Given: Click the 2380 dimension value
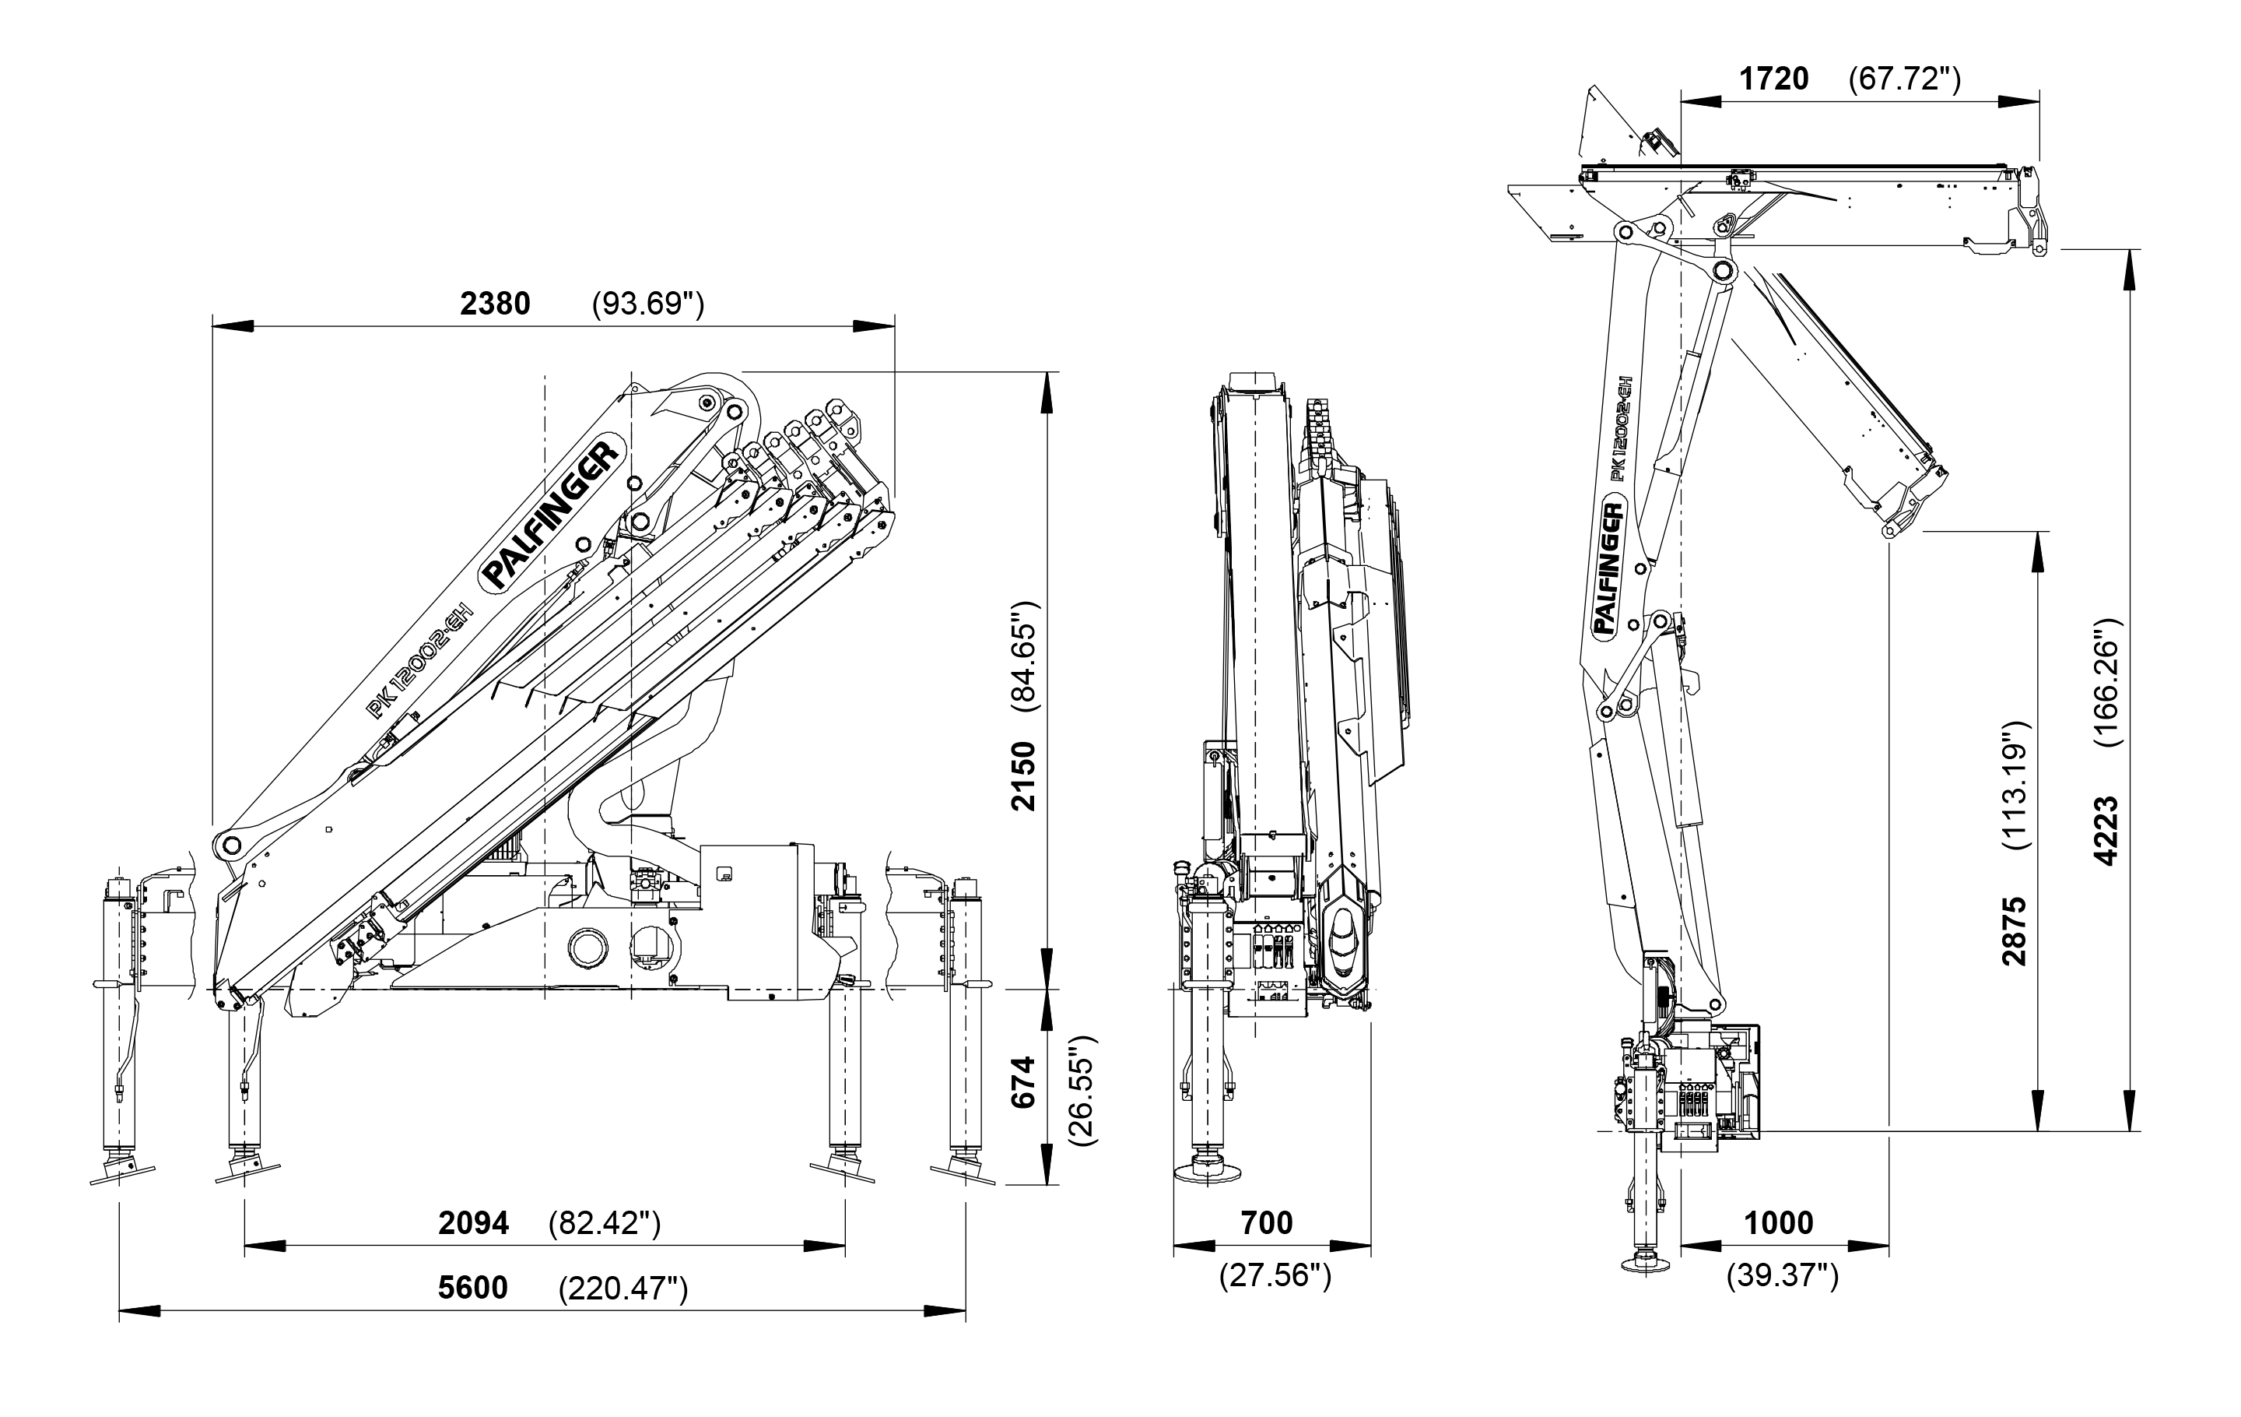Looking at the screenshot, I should pos(495,304).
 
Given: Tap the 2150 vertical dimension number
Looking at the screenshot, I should pos(1024,775).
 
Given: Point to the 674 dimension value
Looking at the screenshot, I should pos(1024,1081).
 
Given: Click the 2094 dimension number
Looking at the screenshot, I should pos(474,1222).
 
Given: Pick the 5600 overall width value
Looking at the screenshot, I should pos(473,1288).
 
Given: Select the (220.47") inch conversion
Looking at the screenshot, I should pos(622,1289).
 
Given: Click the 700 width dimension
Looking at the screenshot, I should pos(1267,1222).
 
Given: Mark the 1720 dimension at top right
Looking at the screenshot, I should pos(1774,79).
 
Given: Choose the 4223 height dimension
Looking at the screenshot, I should pos(2105,831).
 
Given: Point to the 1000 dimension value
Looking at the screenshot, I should pos(1779,1222).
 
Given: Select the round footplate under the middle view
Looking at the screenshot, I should pos(1208,1171).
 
